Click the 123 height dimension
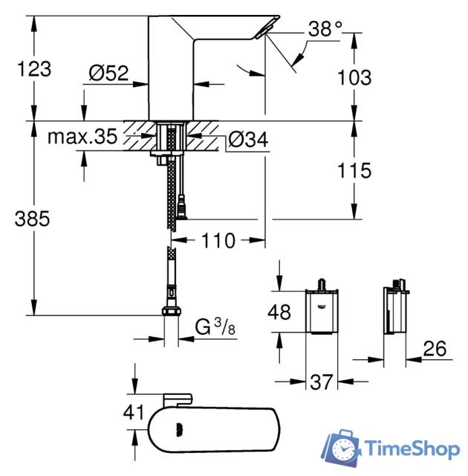click(34, 70)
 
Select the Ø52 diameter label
click(108, 74)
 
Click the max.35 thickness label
click(82, 138)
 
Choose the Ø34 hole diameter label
click(247, 138)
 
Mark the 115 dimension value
click(353, 171)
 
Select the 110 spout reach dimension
click(216, 241)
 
